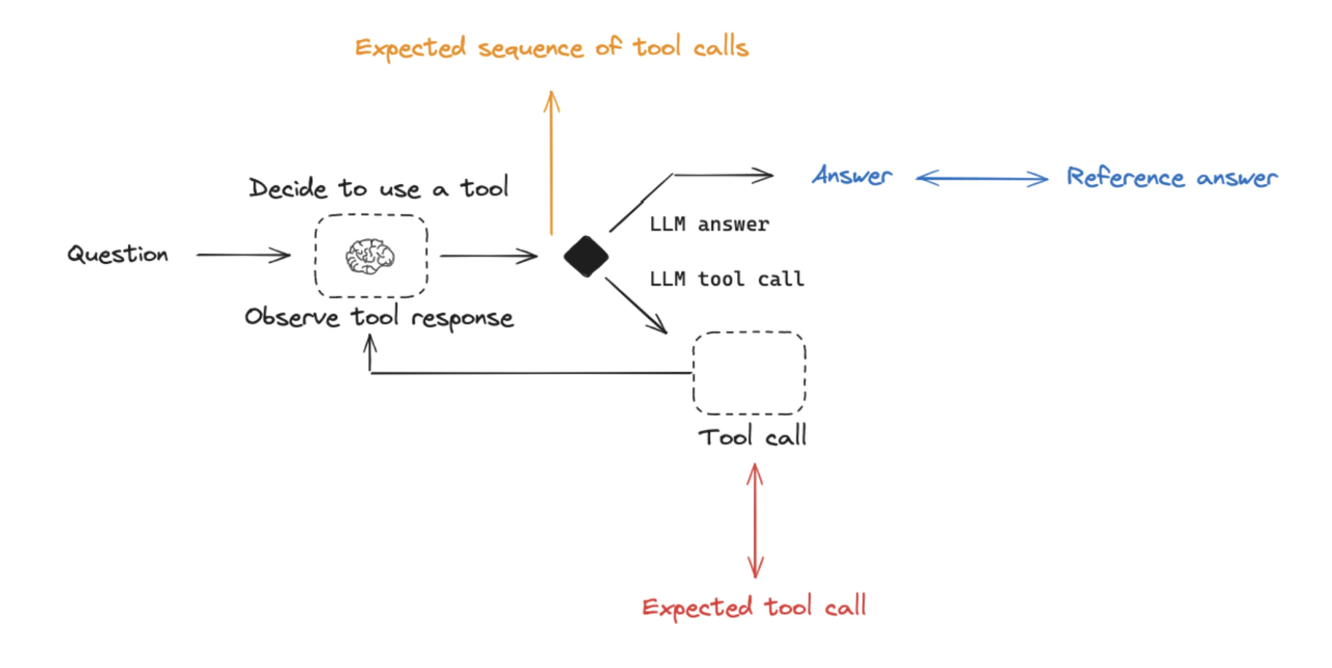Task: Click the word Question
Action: point(118,254)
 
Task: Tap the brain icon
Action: point(370,256)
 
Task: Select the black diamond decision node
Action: point(586,256)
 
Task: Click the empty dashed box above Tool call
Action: point(749,373)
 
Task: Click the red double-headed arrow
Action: point(755,521)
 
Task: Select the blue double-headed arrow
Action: point(982,178)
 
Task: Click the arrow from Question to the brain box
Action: point(243,255)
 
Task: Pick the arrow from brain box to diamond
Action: point(488,256)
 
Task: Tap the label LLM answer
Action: point(709,224)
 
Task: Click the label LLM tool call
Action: point(726,279)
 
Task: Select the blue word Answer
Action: point(852,176)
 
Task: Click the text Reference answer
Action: point(1171,177)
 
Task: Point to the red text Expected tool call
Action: point(754,607)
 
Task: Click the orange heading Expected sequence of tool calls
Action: point(552,48)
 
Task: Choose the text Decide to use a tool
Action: point(378,188)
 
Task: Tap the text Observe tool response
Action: point(379,318)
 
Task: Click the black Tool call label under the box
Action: point(752,437)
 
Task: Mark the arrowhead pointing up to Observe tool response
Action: point(371,342)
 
